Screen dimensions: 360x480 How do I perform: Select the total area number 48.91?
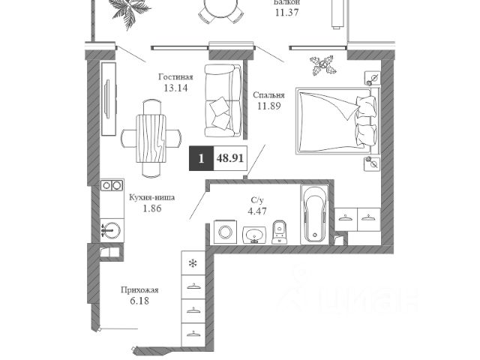(x=229, y=159)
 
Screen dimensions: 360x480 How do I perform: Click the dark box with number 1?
(x=201, y=159)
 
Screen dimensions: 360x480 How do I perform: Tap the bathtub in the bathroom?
(x=313, y=214)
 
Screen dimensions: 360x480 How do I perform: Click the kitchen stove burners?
(x=112, y=184)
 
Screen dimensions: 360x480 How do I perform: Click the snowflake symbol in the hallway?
(x=193, y=263)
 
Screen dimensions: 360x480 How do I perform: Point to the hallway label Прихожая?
(x=140, y=289)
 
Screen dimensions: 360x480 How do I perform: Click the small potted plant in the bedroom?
(x=322, y=64)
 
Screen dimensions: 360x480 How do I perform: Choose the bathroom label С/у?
(x=256, y=200)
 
